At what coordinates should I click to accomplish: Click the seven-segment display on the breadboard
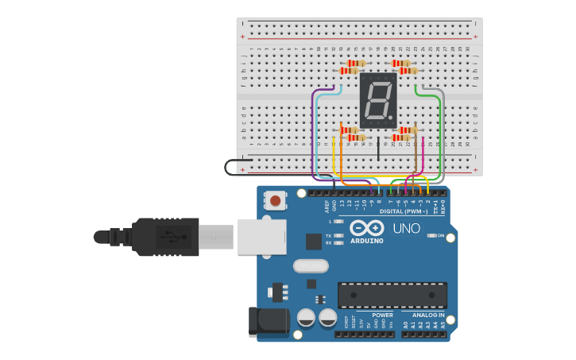(x=378, y=100)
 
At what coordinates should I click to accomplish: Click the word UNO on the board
(x=407, y=229)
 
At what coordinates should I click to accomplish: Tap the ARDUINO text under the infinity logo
(x=366, y=241)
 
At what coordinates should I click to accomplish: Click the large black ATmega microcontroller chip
(x=392, y=295)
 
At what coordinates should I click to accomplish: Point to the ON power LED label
(x=441, y=235)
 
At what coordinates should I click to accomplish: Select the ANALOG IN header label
(x=427, y=315)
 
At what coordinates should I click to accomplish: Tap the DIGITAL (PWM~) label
(x=403, y=211)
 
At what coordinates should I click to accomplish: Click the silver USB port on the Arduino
(x=261, y=237)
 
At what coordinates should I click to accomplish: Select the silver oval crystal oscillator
(x=311, y=265)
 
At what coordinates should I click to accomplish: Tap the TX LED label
(x=328, y=235)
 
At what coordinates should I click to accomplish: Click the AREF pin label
(x=326, y=206)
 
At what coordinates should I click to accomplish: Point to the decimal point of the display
(x=392, y=120)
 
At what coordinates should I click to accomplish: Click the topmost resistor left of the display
(x=358, y=63)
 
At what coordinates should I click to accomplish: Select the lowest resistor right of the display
(x=400, y=137)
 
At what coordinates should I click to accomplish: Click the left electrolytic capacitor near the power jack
(x=306, y=318)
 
